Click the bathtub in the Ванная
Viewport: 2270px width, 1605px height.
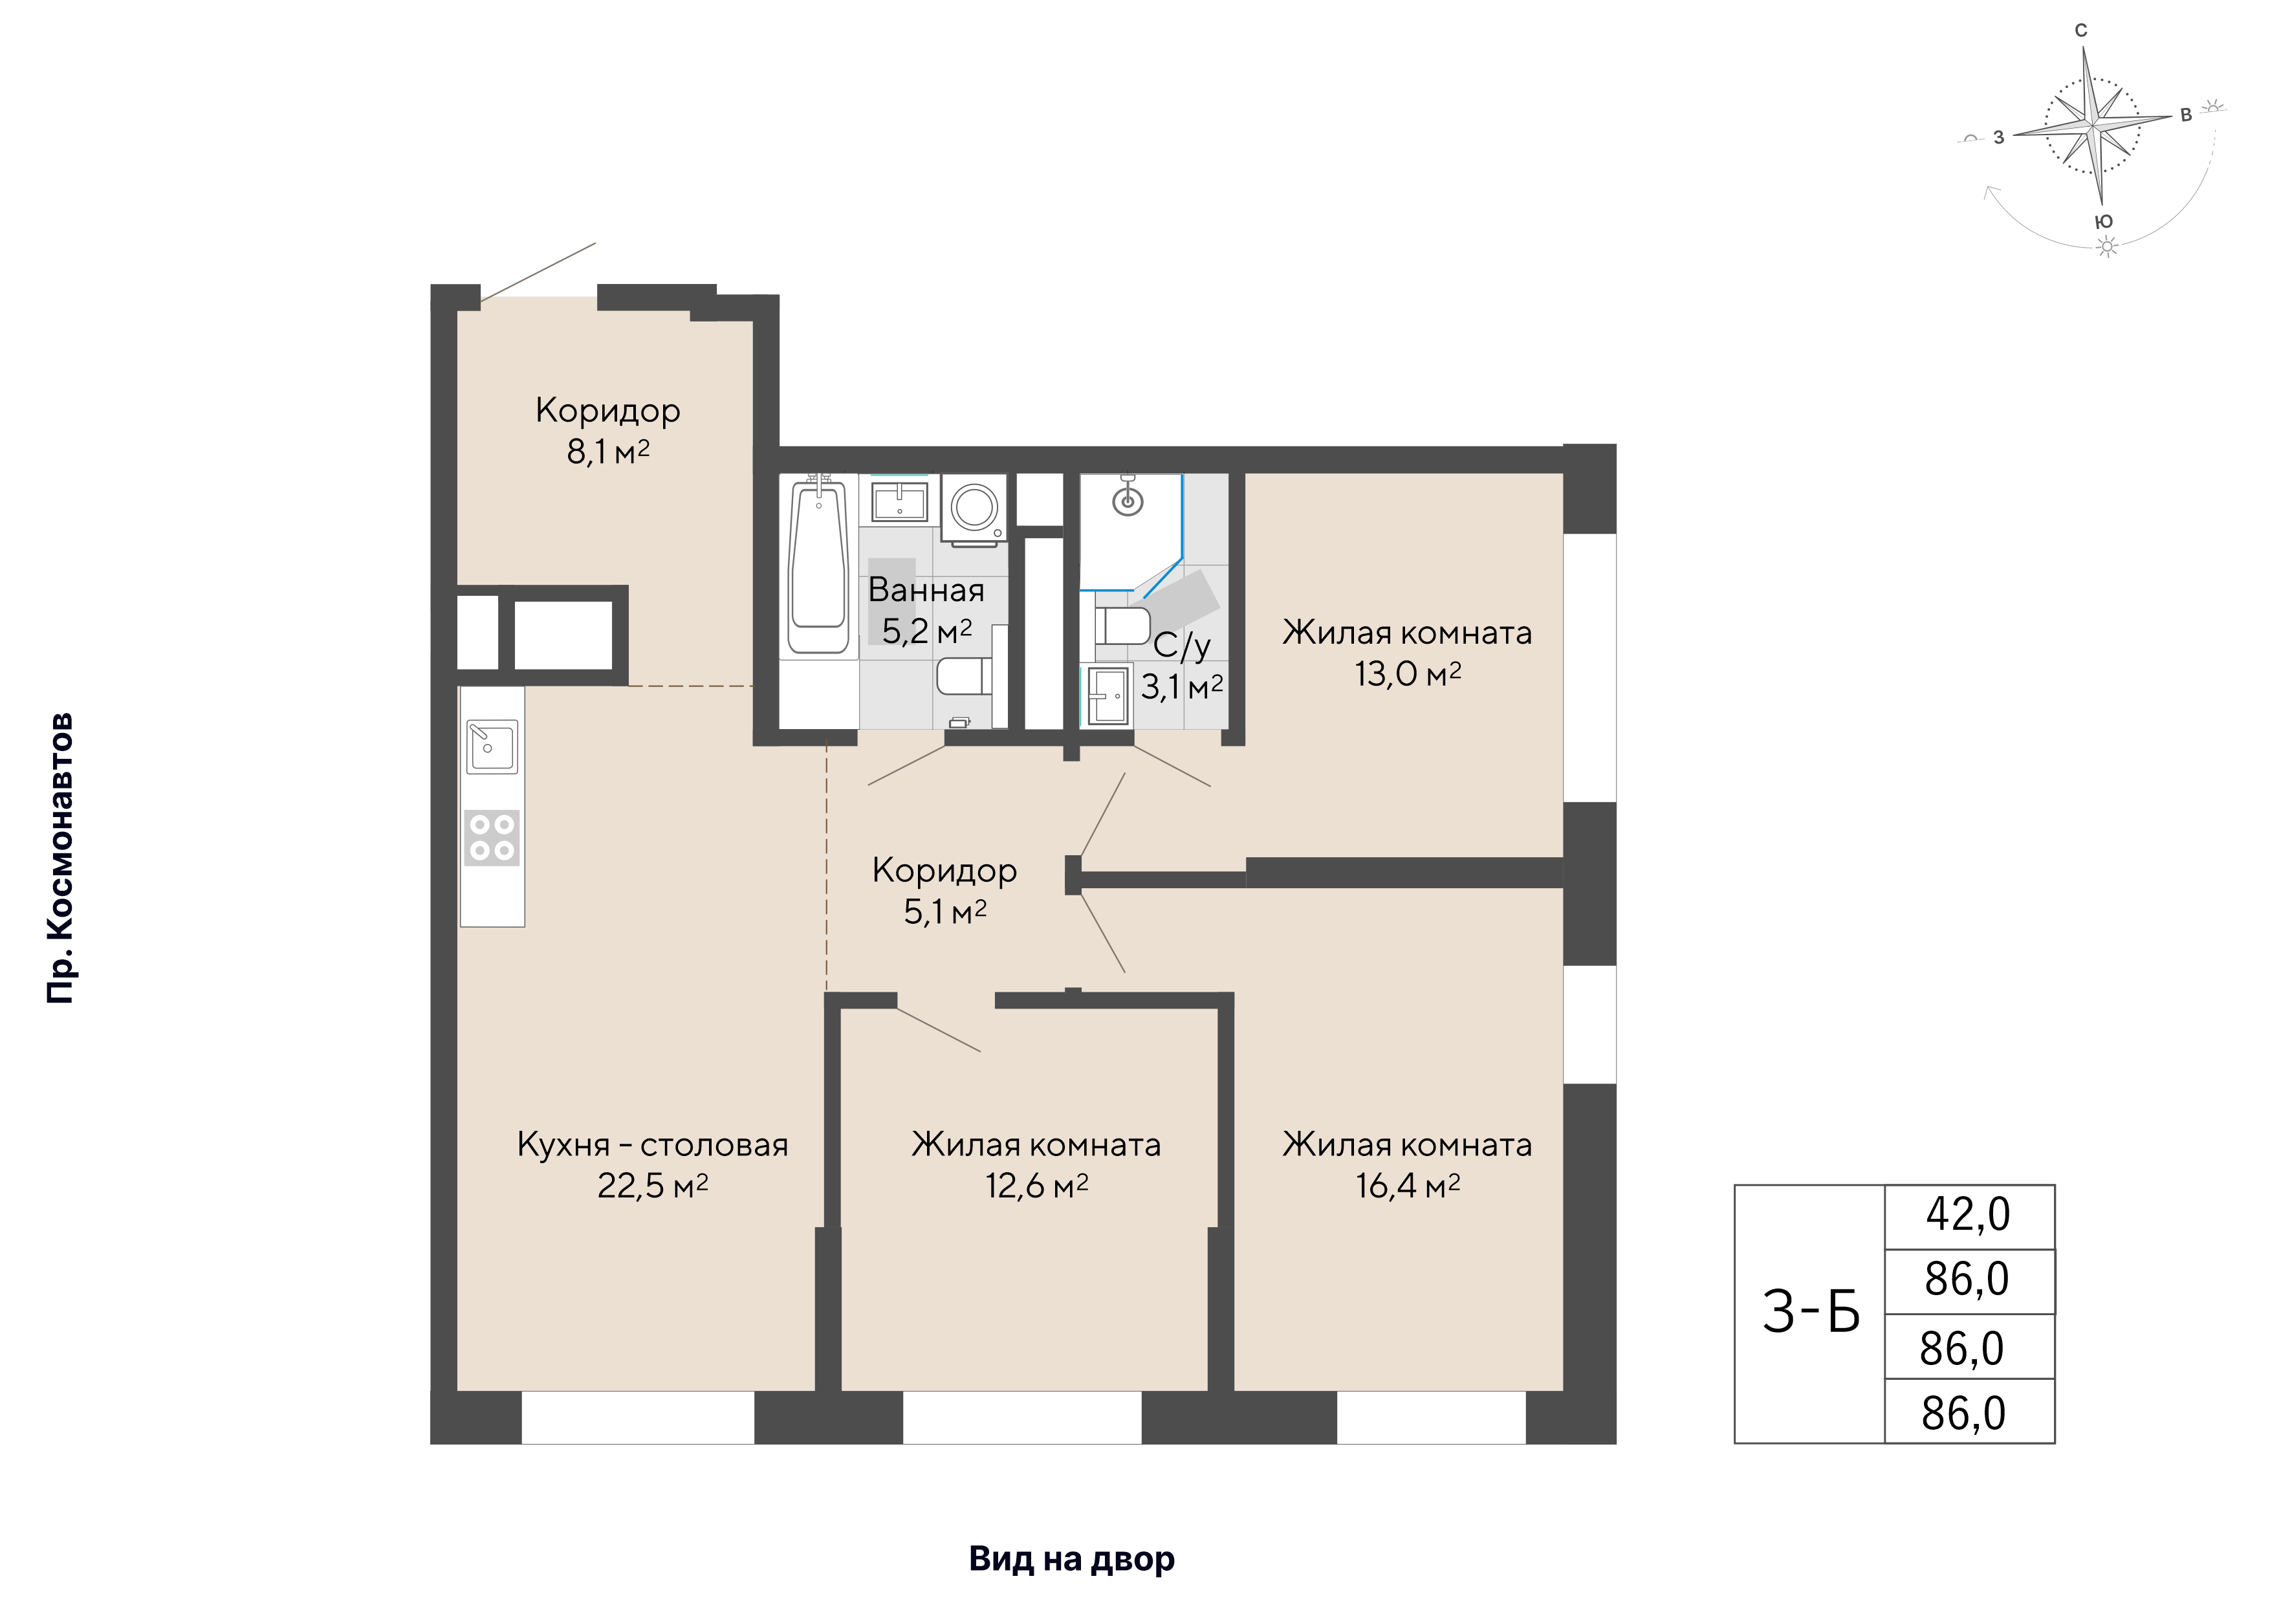(x=818, y=565)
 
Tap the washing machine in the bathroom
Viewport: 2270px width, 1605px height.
(x=974, y=508)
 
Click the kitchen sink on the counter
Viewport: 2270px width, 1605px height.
(x=492, y=746)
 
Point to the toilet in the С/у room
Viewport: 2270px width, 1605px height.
(x=1122, y=626)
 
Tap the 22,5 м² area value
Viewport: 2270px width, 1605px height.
(x=653, y=1186)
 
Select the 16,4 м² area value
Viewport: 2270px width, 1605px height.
(x=1407, y=1186)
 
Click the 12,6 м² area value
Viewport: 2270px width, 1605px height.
(x=1036, y=1186)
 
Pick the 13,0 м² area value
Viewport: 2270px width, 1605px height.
(x=1407, y=675)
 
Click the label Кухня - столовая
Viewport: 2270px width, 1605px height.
(x=653, y=1145)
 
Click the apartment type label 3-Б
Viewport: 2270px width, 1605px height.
(x=1810, y=1313)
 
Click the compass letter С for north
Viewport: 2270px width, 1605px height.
(x=2081, y=30)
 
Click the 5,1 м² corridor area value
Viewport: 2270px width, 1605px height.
(x=945, y=912)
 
